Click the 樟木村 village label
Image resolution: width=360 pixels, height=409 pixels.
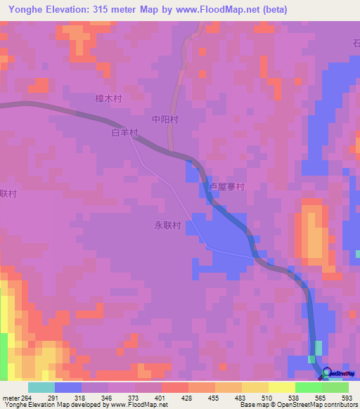(x=108, y=99)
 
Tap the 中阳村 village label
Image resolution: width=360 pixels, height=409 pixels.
(x=165, y=119)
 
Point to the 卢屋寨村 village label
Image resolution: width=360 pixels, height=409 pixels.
(x=226, y=188)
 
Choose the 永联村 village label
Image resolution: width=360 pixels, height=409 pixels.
(x=168, y=226)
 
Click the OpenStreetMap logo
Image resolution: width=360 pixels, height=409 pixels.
(x=337, y=373)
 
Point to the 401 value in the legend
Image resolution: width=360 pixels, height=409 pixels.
(x=162, y=397)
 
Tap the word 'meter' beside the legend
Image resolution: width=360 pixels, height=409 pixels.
(x=11, y=397)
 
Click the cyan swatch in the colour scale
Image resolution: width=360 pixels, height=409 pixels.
(x=41, y=387)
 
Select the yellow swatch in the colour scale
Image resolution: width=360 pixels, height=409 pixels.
(x=281, y=387)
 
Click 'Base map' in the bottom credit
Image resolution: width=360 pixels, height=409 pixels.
(x=254, y=405)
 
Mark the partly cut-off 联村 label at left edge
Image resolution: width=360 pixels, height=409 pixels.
(x=8, y=193)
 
